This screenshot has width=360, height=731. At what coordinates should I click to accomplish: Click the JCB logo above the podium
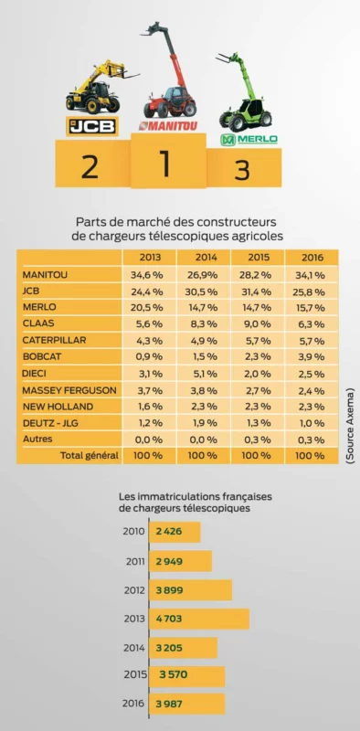[x=91, y=125]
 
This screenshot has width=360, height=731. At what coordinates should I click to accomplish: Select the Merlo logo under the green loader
[x=249, y=140]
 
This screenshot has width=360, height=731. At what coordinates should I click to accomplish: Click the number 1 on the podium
[x=165, y=164]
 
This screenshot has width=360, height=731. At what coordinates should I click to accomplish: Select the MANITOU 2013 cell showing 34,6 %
[x=149, y=274]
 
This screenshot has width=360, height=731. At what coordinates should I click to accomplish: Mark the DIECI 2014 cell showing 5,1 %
[x=203, y=374]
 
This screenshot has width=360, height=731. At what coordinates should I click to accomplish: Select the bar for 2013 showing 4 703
[x=201, y=619]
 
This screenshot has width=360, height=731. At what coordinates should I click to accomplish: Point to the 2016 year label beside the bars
[x=133, y=704]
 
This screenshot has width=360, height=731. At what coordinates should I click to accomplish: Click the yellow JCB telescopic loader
[x=91, y=87]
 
